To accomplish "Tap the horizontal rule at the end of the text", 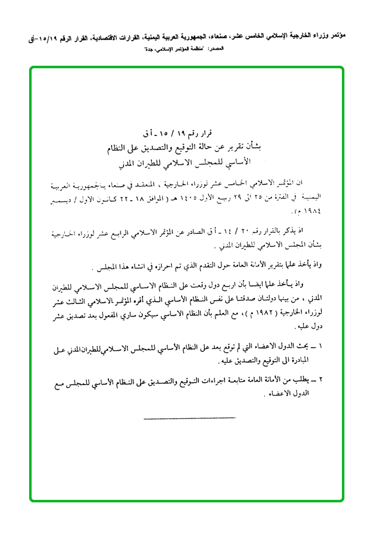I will [x=189, y=418].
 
